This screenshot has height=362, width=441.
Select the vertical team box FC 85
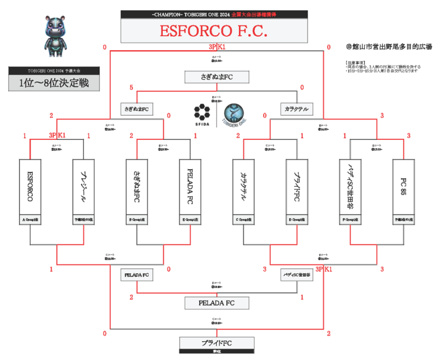403,187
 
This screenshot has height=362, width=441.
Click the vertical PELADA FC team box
190,187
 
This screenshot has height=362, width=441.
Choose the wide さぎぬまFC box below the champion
217,77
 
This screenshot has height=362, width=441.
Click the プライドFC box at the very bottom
217,343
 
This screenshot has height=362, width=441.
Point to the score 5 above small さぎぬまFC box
131,88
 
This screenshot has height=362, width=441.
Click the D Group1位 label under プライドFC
297,218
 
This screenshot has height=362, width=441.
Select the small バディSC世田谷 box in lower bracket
297,275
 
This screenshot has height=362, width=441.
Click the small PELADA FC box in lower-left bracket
137,275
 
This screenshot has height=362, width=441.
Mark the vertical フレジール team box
83,187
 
